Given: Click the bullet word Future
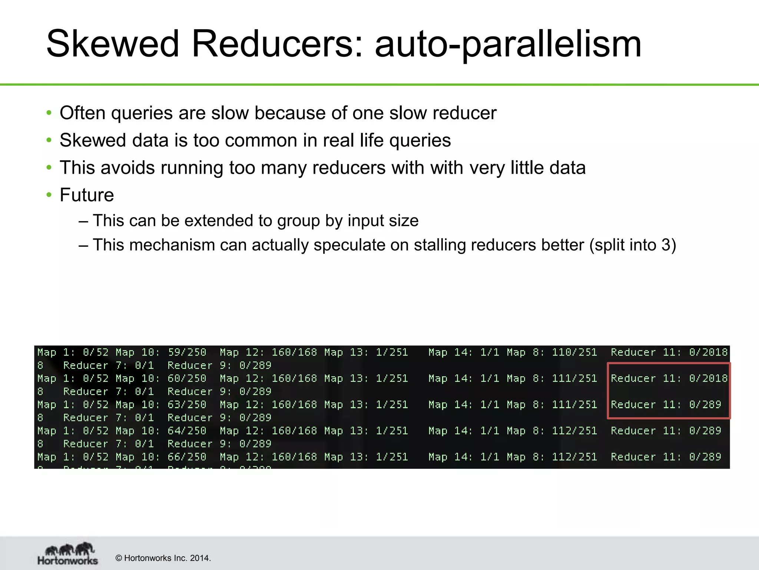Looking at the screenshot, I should [87, 195].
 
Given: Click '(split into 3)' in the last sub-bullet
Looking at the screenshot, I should [633, 245].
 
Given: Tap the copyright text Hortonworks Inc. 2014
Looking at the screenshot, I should [163, 558].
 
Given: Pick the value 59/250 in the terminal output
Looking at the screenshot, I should [187, 352].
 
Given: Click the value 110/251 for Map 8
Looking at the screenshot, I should [574, 352].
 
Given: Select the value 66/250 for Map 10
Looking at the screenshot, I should [187, 457].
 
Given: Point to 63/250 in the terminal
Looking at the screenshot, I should [187, 404].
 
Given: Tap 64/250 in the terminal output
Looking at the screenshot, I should [187, 431].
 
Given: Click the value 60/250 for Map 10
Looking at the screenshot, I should [187, 379].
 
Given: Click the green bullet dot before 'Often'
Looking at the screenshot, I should [49, 113].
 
